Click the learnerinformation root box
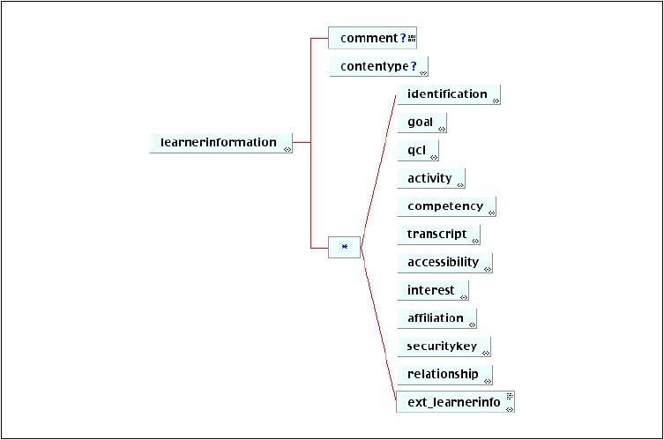pos(221,143)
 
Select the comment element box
pos(372,38)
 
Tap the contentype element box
pos(378,66)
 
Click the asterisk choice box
pos(344,247)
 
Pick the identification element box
pos(449,94)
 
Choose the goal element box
pos(422,123)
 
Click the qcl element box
pos(418,151)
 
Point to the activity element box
pos(431,179)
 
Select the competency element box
pos(447,206)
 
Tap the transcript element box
pos(439,235)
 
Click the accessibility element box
pos(445,263)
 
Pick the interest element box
pos(433,290)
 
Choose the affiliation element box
pos(437,318)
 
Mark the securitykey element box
pos(444,347)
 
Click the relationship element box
pos(445,375)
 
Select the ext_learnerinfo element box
pos(455,402)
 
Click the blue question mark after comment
pos(403,38)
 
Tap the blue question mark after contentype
pos(414,66)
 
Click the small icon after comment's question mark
pos(412,39)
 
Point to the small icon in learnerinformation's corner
pos(287,149)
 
